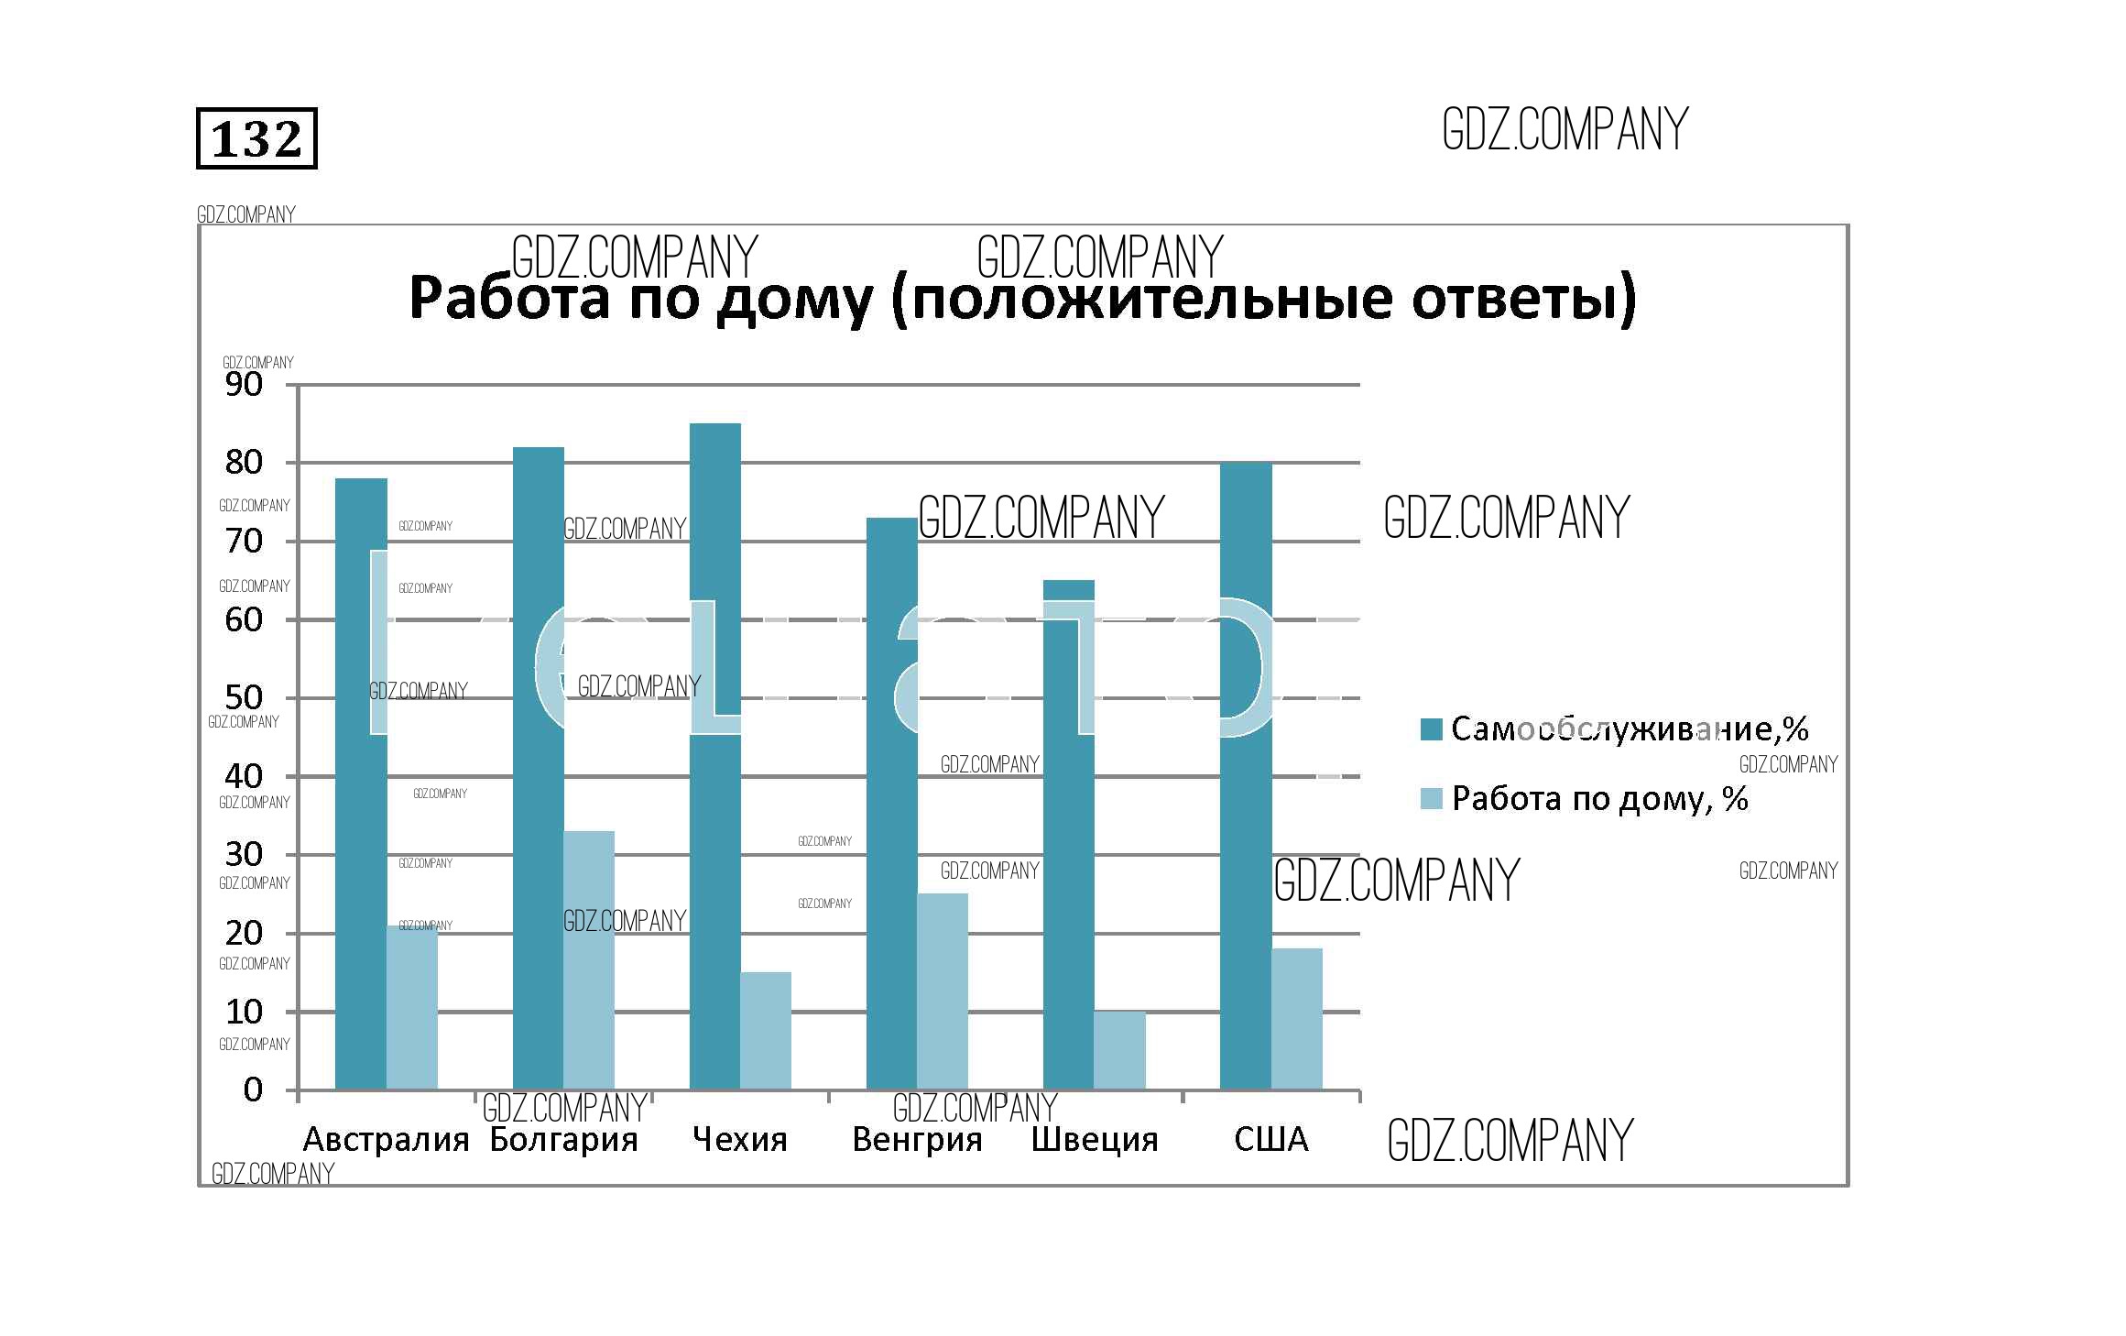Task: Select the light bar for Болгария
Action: (x=589, y=962)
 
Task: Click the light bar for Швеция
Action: (x=1119, y=1051)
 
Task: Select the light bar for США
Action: (x=1297, y=1019)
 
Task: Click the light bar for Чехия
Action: (x=766, y=1031)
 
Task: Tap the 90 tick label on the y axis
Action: (x=244, y=385)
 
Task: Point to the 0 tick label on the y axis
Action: (x=253, y=1090)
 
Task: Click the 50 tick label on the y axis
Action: (x=244, y=697)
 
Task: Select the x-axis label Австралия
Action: (x=386, y=1139)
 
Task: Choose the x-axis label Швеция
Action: (x=1095, y=1139)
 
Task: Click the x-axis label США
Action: (x=1271, y=1139)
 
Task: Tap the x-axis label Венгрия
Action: (x=917, y=1139)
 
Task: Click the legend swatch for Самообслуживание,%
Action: (x=1431, y=729)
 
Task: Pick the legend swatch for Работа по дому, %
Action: (x=1431, y=798)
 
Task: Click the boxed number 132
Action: (x=256, y=139)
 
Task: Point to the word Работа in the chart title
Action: (x=509, y=298)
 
